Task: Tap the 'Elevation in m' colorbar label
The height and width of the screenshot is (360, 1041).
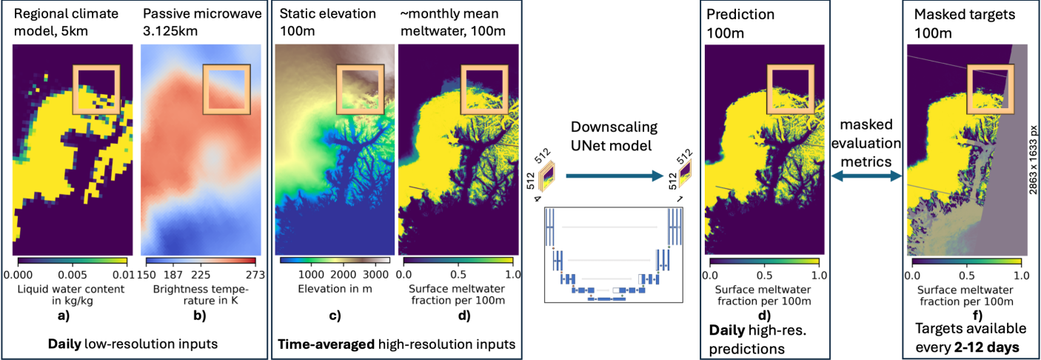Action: (333, 288)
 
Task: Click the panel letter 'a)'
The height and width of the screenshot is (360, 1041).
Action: (73, 316)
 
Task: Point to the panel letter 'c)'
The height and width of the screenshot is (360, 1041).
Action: (334, 316)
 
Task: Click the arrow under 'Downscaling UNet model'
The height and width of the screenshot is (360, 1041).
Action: (613, 175)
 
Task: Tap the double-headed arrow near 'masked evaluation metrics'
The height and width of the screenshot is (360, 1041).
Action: (866, 176)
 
